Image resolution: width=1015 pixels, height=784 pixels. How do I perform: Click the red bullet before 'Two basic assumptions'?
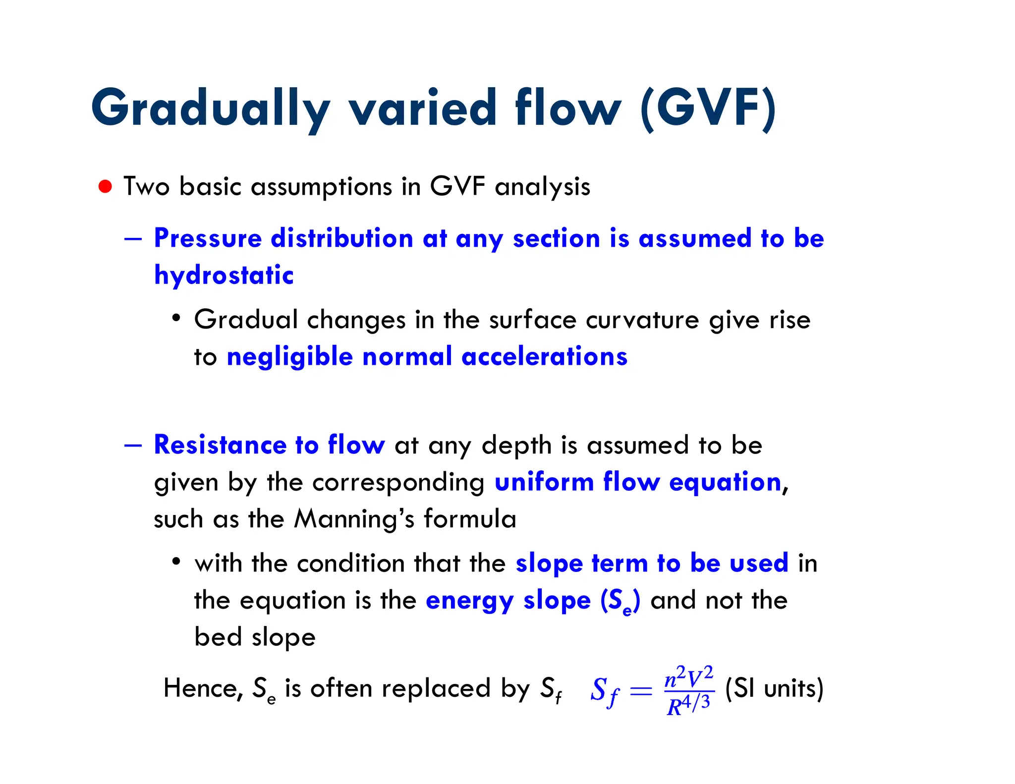pos(105,187)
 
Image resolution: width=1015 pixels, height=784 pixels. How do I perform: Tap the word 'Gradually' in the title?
pos(210,108)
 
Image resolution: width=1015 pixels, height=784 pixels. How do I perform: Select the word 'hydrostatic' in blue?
pos(224,275)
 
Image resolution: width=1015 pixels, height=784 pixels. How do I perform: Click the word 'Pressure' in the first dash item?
pos(208,238)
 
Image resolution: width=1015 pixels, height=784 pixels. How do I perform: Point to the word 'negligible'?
pos(289,357)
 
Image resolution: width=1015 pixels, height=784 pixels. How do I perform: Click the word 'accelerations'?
pos(544,357)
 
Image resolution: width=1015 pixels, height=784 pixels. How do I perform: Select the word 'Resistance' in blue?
pos(220,445)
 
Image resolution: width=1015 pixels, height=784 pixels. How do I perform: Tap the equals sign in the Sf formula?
pos(640,690)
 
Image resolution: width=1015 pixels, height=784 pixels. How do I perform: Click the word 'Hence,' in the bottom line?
pos(203,688)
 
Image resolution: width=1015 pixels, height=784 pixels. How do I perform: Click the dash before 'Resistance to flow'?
pos(133,445)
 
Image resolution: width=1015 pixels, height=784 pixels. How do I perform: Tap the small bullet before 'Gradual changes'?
pos(176,318)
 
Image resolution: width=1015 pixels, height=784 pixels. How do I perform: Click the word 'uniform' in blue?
pos(544,482)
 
